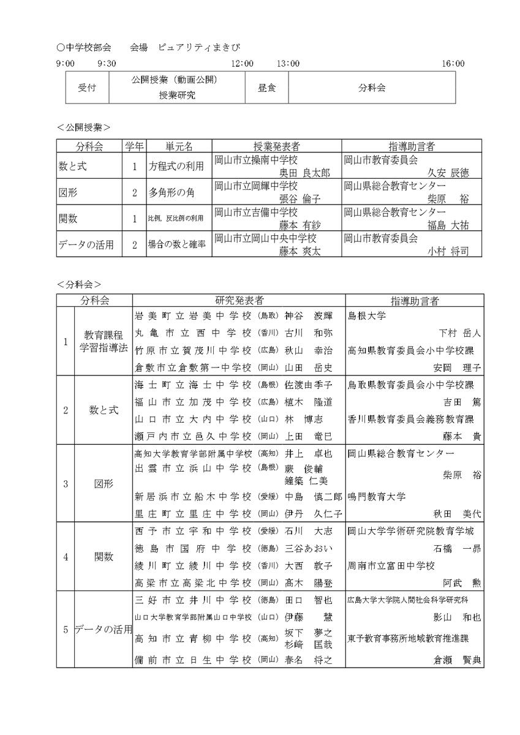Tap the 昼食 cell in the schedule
point(267,88)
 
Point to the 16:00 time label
point(453,63)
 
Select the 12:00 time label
point(243,63)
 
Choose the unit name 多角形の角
point(171,192)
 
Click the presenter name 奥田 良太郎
point(304,173)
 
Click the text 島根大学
point(367,317)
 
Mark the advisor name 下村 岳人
point(460,333)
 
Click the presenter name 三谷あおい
point(308,548)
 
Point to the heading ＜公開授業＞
point(83,127)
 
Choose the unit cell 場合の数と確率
point(175,244)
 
